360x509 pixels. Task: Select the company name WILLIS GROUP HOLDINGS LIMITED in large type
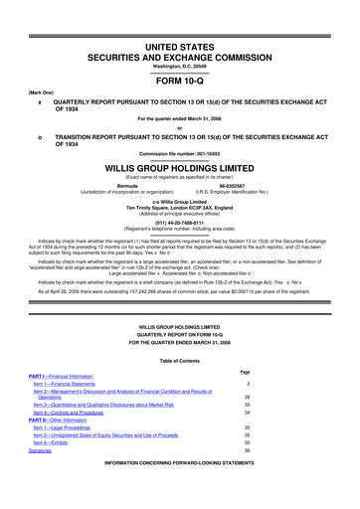coord(180,169)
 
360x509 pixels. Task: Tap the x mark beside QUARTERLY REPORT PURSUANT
coord(39,101)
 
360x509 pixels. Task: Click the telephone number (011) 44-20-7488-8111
coord(180,224)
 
